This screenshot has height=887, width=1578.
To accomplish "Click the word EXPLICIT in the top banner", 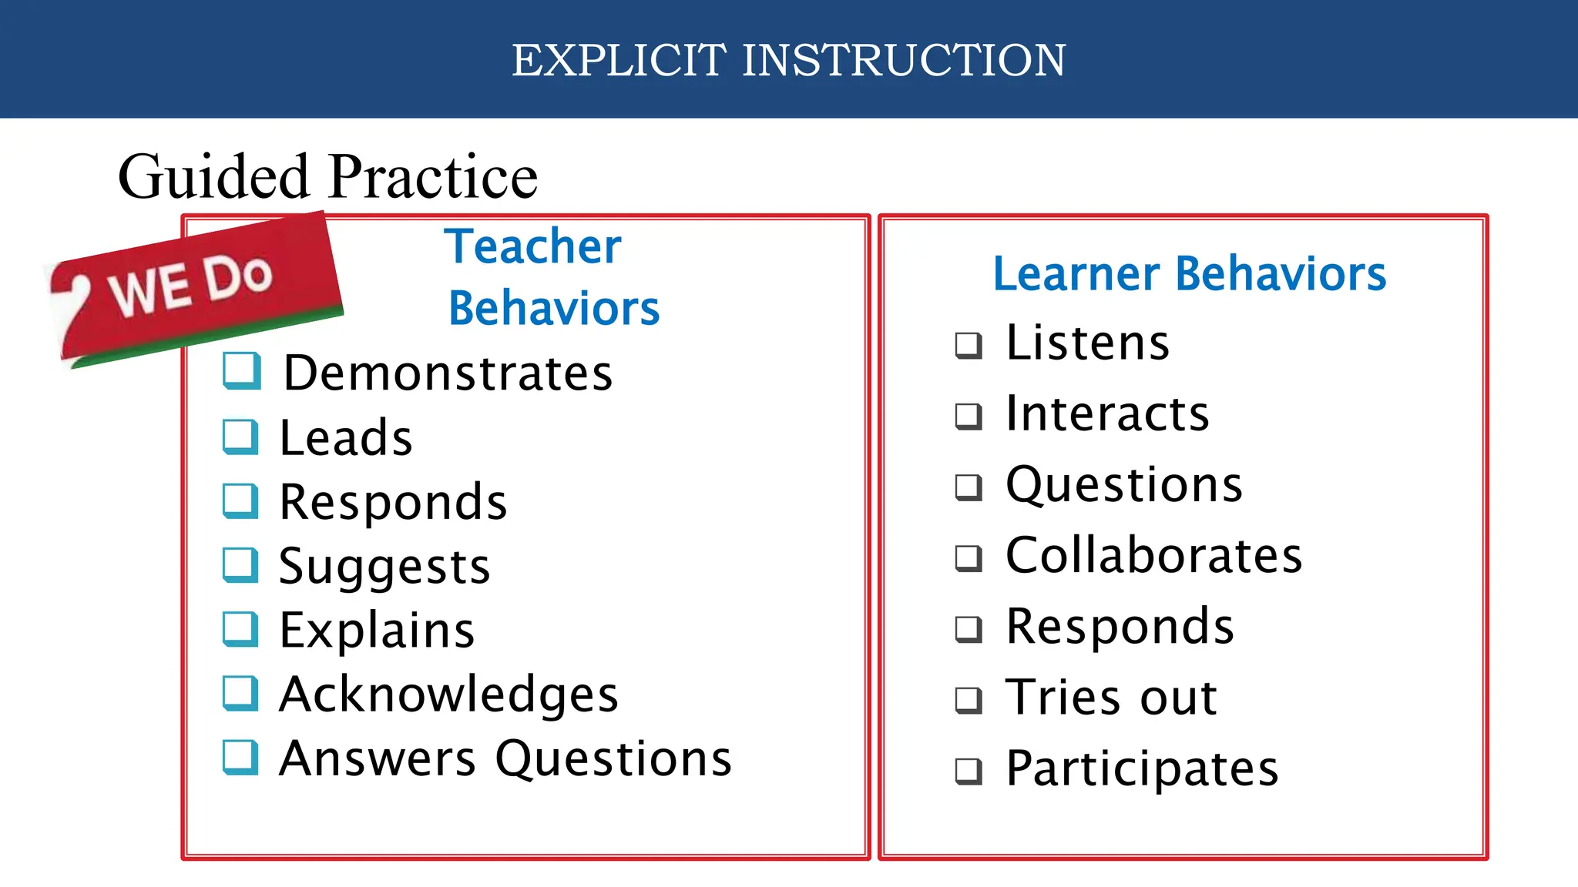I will [619, 60].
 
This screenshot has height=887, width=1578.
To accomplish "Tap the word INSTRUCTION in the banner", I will [904, 60].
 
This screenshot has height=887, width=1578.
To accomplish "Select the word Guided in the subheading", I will [213, 176].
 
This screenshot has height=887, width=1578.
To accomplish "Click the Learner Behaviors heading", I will [1189, 274].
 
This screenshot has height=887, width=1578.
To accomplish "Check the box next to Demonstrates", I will [241, 371].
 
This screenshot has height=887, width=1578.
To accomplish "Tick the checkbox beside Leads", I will [240, 437].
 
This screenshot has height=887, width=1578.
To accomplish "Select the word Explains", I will [377, 631].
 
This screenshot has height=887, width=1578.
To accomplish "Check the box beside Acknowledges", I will [240, 693].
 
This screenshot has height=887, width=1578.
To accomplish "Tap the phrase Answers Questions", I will [505, 759].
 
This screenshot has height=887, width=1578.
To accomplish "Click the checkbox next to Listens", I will [969, 346].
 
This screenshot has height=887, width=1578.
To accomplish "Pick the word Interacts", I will [1107, 413].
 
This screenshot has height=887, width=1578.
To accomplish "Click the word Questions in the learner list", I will [1124, 485].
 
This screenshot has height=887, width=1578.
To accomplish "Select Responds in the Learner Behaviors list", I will [1120, 626].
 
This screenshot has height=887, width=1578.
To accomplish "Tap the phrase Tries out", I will [1111, 698].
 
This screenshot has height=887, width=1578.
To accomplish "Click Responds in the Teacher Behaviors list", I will [393, 502].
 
